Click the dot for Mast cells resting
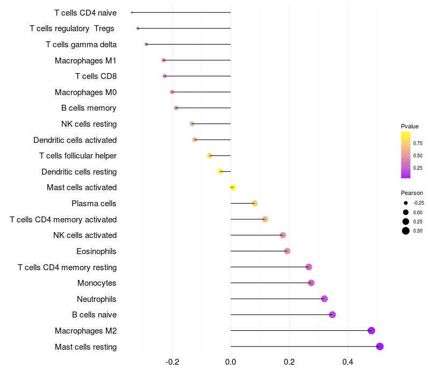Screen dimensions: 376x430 tap(379, 346)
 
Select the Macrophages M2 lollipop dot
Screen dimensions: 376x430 tap(371, 330)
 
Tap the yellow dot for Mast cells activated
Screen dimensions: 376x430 tap(233, 187)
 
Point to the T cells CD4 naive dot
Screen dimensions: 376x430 tap(132, 12)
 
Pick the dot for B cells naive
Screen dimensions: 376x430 tap(332, 315)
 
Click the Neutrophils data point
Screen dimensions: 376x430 tap(324, 299)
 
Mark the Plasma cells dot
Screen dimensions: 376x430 tap(255, 203)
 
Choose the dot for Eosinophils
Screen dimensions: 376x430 tap(287, 251)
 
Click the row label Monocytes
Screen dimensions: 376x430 tap(97, 283)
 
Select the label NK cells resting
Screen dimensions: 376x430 tap(89, 124)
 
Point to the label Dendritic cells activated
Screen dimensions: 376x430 tap(75, 140)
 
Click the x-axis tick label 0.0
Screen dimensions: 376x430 tap(231, 362)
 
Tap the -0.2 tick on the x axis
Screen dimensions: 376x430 tap(172, 362)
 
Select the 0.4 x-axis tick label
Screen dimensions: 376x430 tap(348, 362)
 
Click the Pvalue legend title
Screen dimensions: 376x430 tap(410, 126)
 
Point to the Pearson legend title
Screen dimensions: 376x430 tap(412, 193)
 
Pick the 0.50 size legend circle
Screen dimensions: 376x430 tap(405, 231)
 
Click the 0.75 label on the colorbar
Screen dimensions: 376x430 tap(418, 143)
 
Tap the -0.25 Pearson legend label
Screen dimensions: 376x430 tap(418, 203)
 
